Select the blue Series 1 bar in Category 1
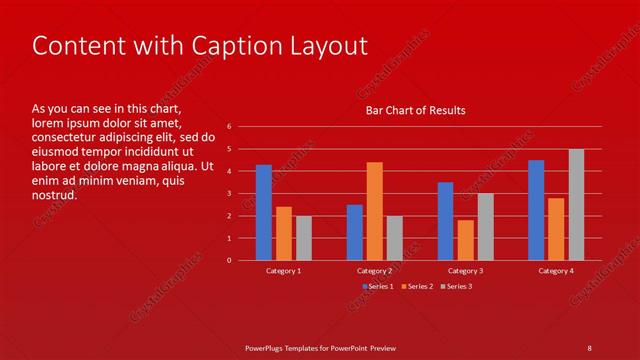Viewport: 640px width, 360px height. (x=264, y=212)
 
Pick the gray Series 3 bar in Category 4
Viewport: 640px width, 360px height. (x=577, y=204)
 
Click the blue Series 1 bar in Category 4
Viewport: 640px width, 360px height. (x=536, y=210)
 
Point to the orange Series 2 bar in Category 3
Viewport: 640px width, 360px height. (x=465, y=240)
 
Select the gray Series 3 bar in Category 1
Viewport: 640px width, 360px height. (x=304, y=238)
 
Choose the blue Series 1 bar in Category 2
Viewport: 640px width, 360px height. (x=355, y=232)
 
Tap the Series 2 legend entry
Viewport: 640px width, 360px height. (x=417, y=286)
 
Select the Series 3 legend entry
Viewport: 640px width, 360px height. (x=456, y=286)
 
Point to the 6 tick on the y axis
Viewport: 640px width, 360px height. (x=229, y=127)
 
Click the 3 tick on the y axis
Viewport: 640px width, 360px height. (x=229, y=194)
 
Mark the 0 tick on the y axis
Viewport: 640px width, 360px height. (x=229, y=260)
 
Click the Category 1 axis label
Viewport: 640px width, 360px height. (x=284, y=271)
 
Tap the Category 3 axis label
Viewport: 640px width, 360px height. (x=465, y=271)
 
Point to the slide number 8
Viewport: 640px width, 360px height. (x=589, y=347)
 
